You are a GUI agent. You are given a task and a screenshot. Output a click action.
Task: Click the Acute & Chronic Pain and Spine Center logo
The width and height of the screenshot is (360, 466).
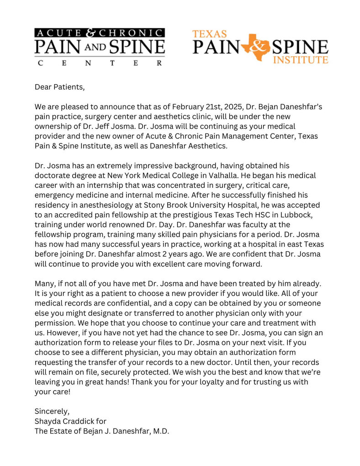(x=100, y=47)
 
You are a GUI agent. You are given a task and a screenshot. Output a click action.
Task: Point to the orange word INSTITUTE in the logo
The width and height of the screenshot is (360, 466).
(x=300, y=59)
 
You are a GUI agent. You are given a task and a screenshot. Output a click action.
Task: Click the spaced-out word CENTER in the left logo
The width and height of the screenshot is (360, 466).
(x=100, y=63)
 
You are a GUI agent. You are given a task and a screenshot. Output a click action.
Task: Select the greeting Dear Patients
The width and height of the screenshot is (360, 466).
(x=60, y=86)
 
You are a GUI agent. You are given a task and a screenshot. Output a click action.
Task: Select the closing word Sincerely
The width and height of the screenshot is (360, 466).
(x=52, y=411)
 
